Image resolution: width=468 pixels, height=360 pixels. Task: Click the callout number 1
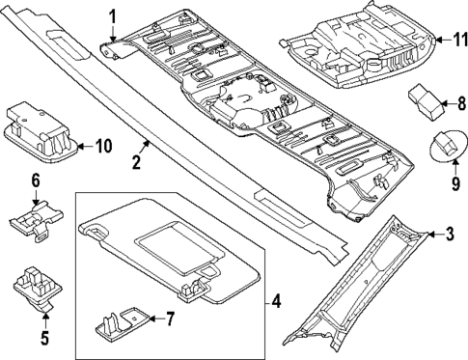[x=112, y=15]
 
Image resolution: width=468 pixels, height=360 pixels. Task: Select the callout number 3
[x=450, y=235]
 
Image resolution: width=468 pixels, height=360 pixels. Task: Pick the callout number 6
[x=35, y=180]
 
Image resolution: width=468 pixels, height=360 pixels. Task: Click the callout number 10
[x=103, y=146]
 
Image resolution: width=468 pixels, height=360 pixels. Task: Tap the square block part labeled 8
[x=426, y=98]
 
